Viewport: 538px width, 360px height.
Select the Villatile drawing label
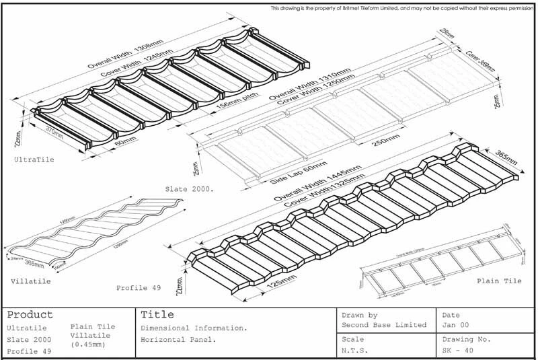[28, 277]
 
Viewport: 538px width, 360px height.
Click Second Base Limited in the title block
[384, 326]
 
